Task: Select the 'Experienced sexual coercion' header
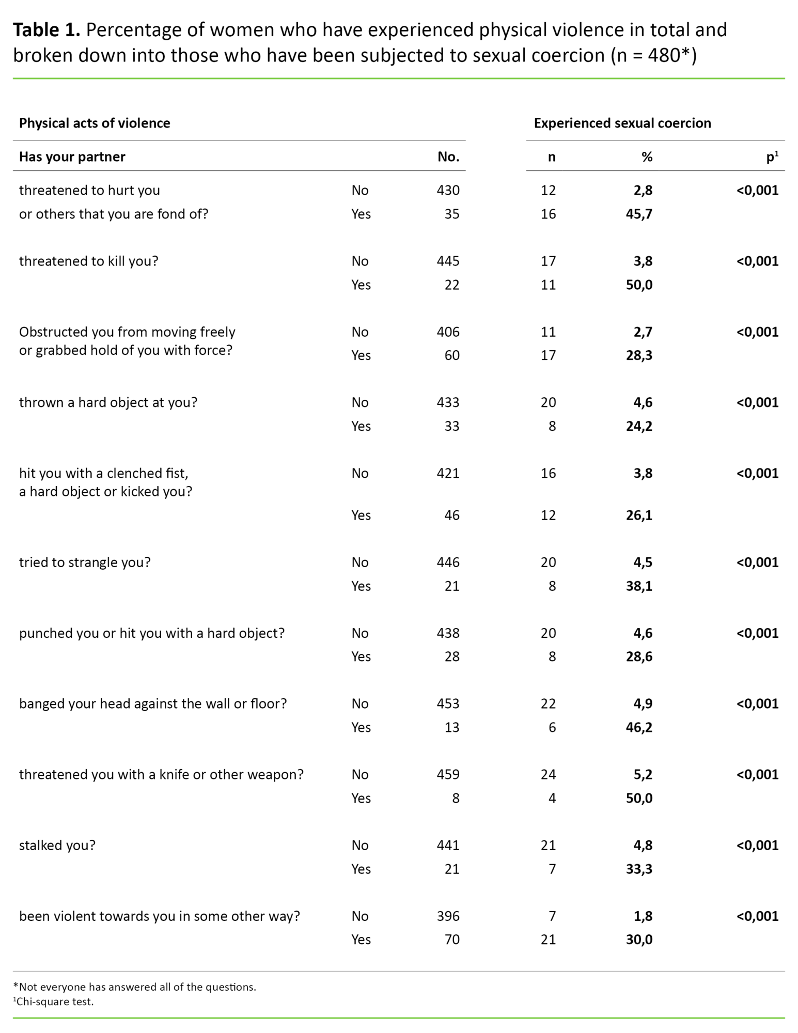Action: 622,123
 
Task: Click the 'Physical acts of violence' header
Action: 95,123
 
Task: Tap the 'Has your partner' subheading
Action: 72,157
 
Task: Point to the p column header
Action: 772,157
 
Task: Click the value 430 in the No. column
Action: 447,191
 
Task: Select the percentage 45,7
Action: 639,214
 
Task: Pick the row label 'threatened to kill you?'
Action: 88,261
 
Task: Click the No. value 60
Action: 451,356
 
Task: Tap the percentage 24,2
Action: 639,427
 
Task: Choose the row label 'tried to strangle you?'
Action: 85,562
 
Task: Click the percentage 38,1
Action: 639,586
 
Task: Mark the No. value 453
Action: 447,704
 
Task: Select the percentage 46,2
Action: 639,728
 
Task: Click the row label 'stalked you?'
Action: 57,846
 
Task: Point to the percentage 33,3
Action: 639,869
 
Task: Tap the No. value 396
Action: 447,916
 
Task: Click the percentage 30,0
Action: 639,940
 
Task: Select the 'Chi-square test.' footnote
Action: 55,1002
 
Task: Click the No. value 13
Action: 451,728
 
